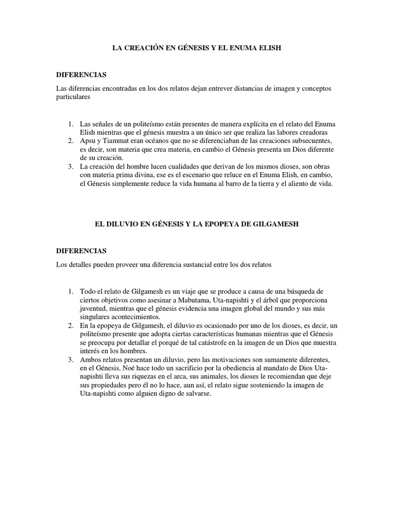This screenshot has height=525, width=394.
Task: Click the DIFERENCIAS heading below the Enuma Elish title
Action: pyautogui.click(x=81, y=75)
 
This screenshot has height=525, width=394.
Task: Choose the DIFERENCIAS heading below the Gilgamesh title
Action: pyautogui.click(x=81, y=251)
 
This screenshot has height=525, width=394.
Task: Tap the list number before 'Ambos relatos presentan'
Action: pyautogui.click(x=70, y=360)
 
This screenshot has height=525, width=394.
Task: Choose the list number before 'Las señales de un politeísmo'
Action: pyautogui.click(x=70, y=125)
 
